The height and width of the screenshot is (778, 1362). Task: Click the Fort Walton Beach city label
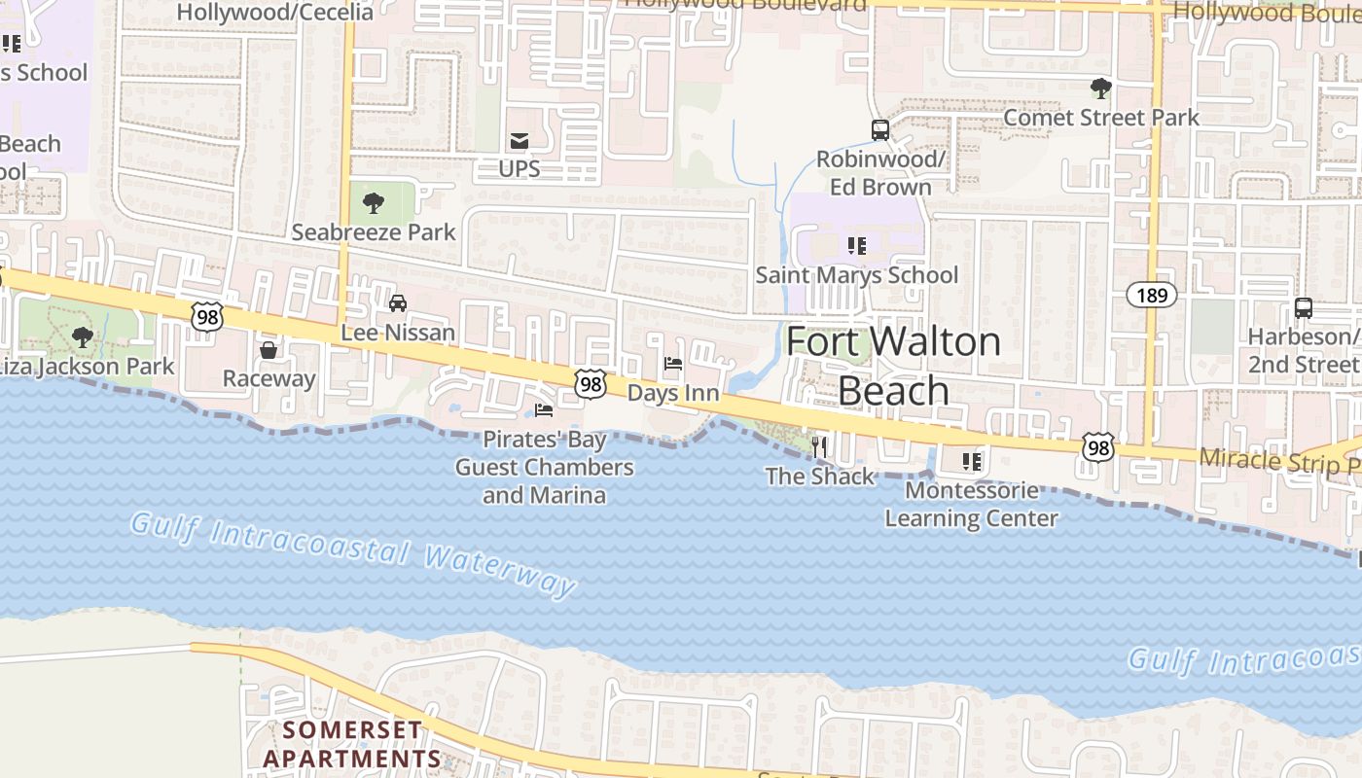[x=893, y=366]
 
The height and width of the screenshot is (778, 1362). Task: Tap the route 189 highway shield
[x=1152, y=295]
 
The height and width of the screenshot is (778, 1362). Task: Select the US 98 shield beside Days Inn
[x=591, y=384]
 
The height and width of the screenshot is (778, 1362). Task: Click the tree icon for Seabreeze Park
[x=373, y=203]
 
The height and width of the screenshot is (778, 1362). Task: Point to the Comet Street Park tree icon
[x=1100, y=88]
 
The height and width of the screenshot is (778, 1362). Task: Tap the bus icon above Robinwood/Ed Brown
[x=879, y=129]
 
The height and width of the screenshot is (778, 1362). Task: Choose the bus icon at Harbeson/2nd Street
[x=1303, y=308]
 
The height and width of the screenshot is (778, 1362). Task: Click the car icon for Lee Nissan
[x=398, y=303]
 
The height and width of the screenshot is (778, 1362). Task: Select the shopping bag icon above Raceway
[x=269, y=350]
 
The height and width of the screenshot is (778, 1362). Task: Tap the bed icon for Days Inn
[x=672, y=365]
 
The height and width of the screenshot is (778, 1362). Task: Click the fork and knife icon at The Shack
[x=819, y=447]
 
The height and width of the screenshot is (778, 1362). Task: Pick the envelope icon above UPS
[x=520, y=141]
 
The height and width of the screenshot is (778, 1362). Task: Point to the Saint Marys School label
[x=857, y=275]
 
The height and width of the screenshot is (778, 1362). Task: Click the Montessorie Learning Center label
[x=971, y=504]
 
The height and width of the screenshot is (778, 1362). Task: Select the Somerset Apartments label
[x=352, y=744]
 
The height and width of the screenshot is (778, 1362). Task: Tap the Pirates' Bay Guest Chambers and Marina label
[x=545, y=468]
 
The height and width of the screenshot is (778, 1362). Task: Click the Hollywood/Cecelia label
[x=275, y=12]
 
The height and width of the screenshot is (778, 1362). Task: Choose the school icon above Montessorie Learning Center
[x=971, y=461]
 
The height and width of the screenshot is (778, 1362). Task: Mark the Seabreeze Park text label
[x=374, y=232]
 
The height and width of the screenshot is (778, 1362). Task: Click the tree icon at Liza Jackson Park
[x=83, y=337]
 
